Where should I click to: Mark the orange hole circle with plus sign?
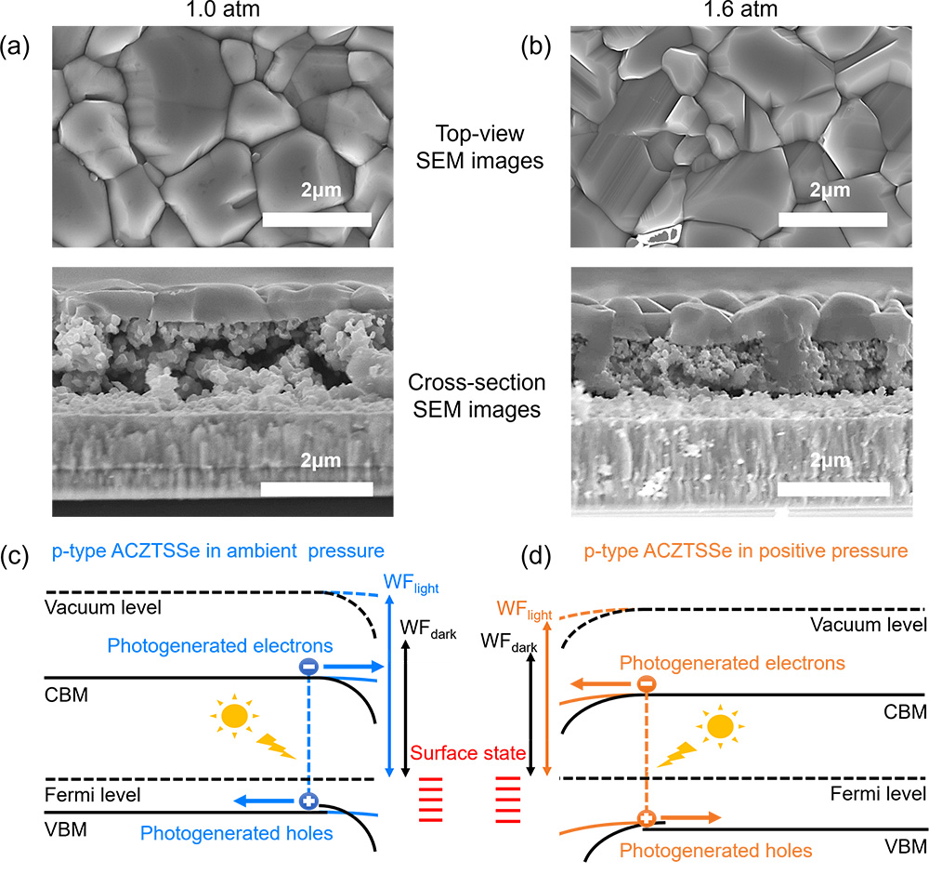646,819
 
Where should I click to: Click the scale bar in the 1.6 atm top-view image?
831,219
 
